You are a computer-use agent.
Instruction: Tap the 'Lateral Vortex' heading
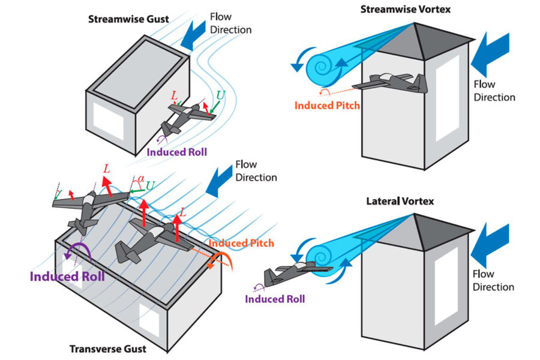click(x=400, y=201)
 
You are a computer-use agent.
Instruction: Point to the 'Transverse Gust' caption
click(x=108, y=349)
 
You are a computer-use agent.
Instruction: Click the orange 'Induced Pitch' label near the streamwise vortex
click(x=327, y=106)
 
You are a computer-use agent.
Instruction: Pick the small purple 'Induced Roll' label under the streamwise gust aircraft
click(x=178, y=152)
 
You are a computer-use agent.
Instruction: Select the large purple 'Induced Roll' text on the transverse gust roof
click(x=67, y=277)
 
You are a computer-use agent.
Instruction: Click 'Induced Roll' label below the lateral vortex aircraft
click(x=275, y=299)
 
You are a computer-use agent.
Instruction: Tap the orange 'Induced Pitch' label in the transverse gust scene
click(x=242, y=243)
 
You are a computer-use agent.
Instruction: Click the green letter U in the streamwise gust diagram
click(x=221, y=95)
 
